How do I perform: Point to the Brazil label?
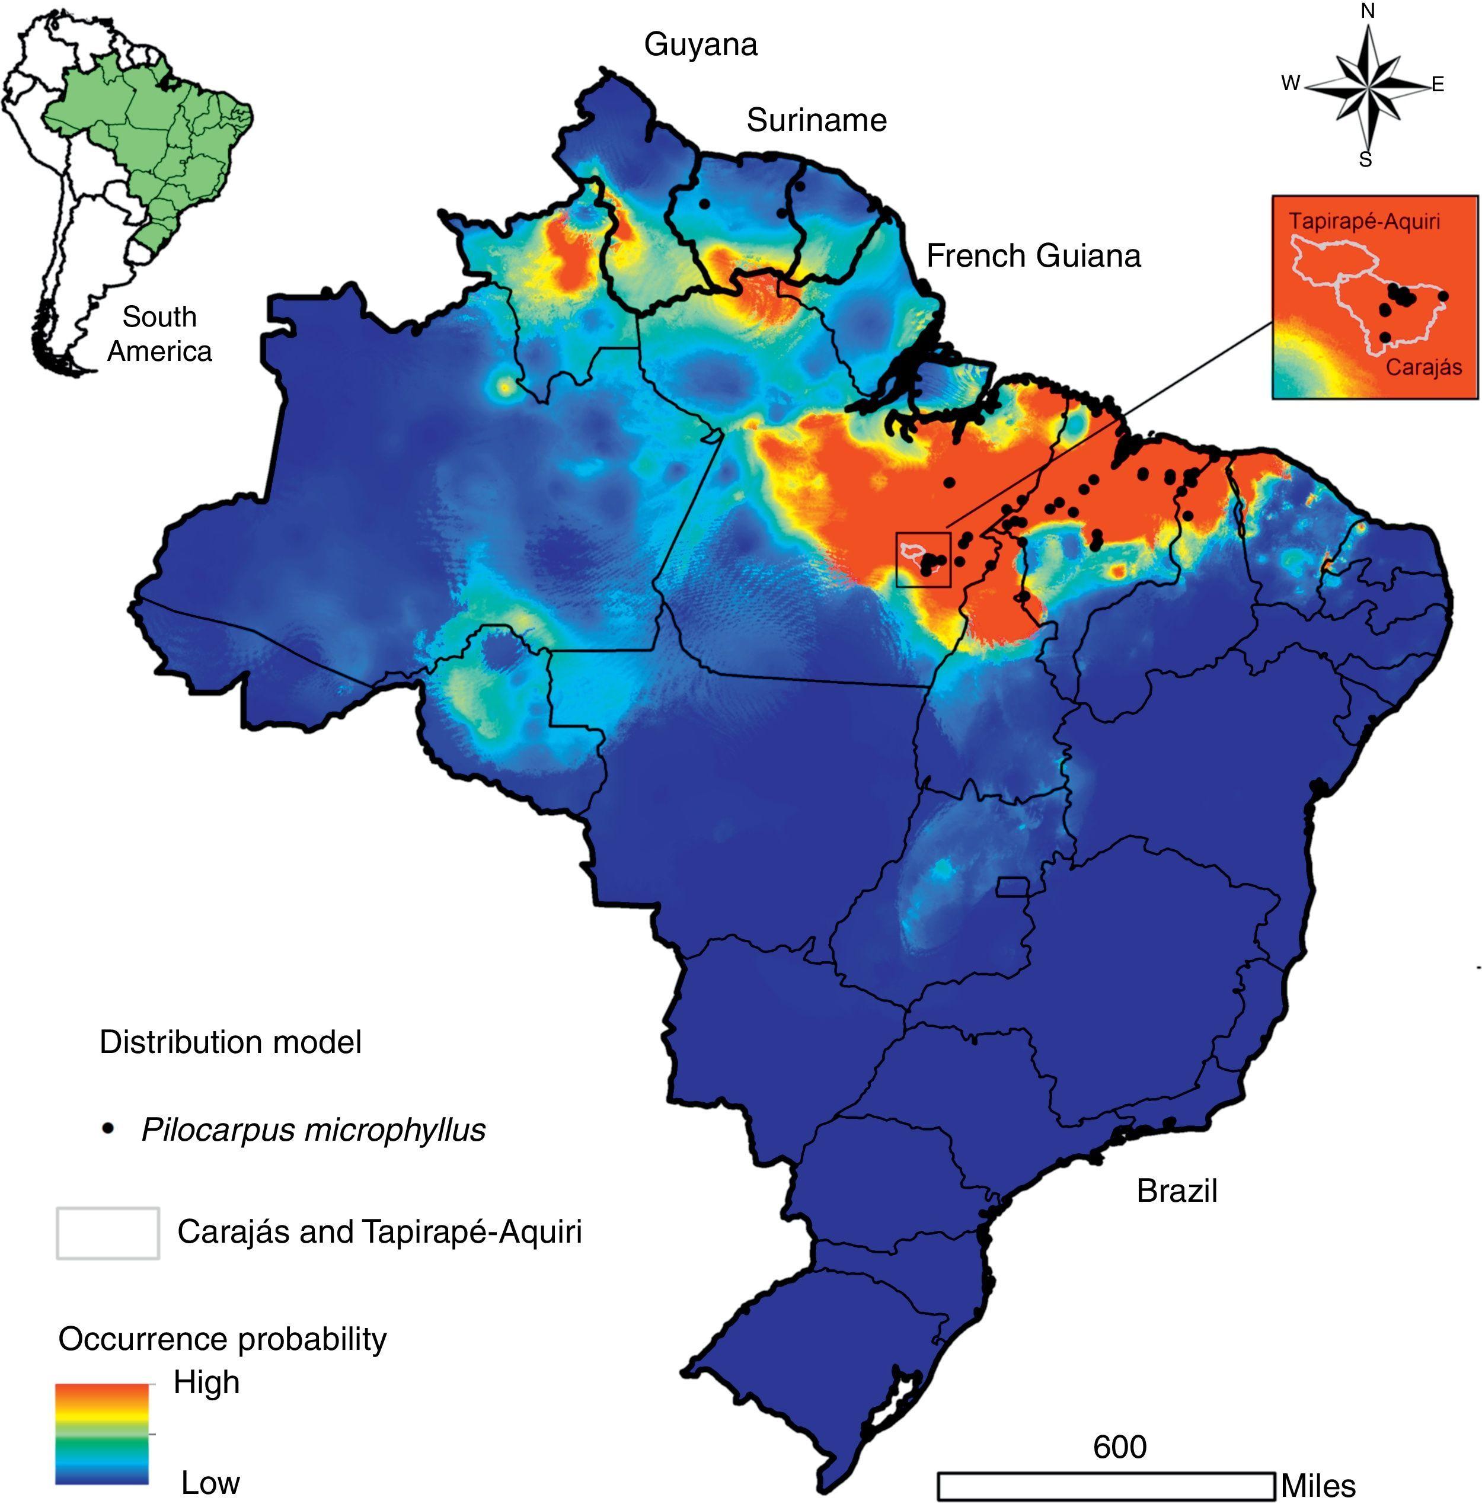[x=1176, y=1191]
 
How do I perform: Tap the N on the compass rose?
[x=1368, y=11]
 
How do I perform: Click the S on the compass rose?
[x=1365, y=160]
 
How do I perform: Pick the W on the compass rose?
[x=1291, y=83]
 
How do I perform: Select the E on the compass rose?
[x=1438, y=85]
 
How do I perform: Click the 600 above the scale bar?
[x=1119, y=1447]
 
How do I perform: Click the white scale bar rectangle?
[x=1105, y=1485]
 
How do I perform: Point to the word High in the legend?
[x=206, y=1383]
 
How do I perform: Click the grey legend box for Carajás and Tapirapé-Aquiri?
[x=107, y=1233]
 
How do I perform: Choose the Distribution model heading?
[x=231, y=1042]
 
